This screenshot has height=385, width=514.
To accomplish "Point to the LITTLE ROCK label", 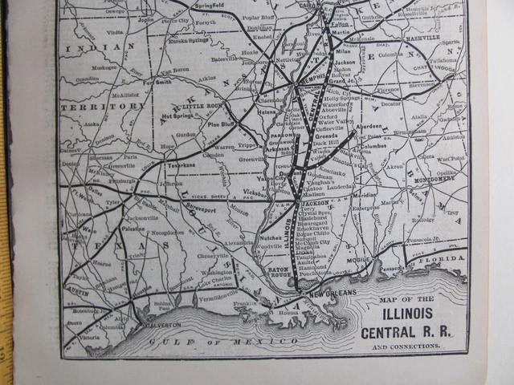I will pyautogui.click(x=202, y=106).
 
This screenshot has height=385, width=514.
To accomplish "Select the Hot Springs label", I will pyautogui.click(x=179, y=115).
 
